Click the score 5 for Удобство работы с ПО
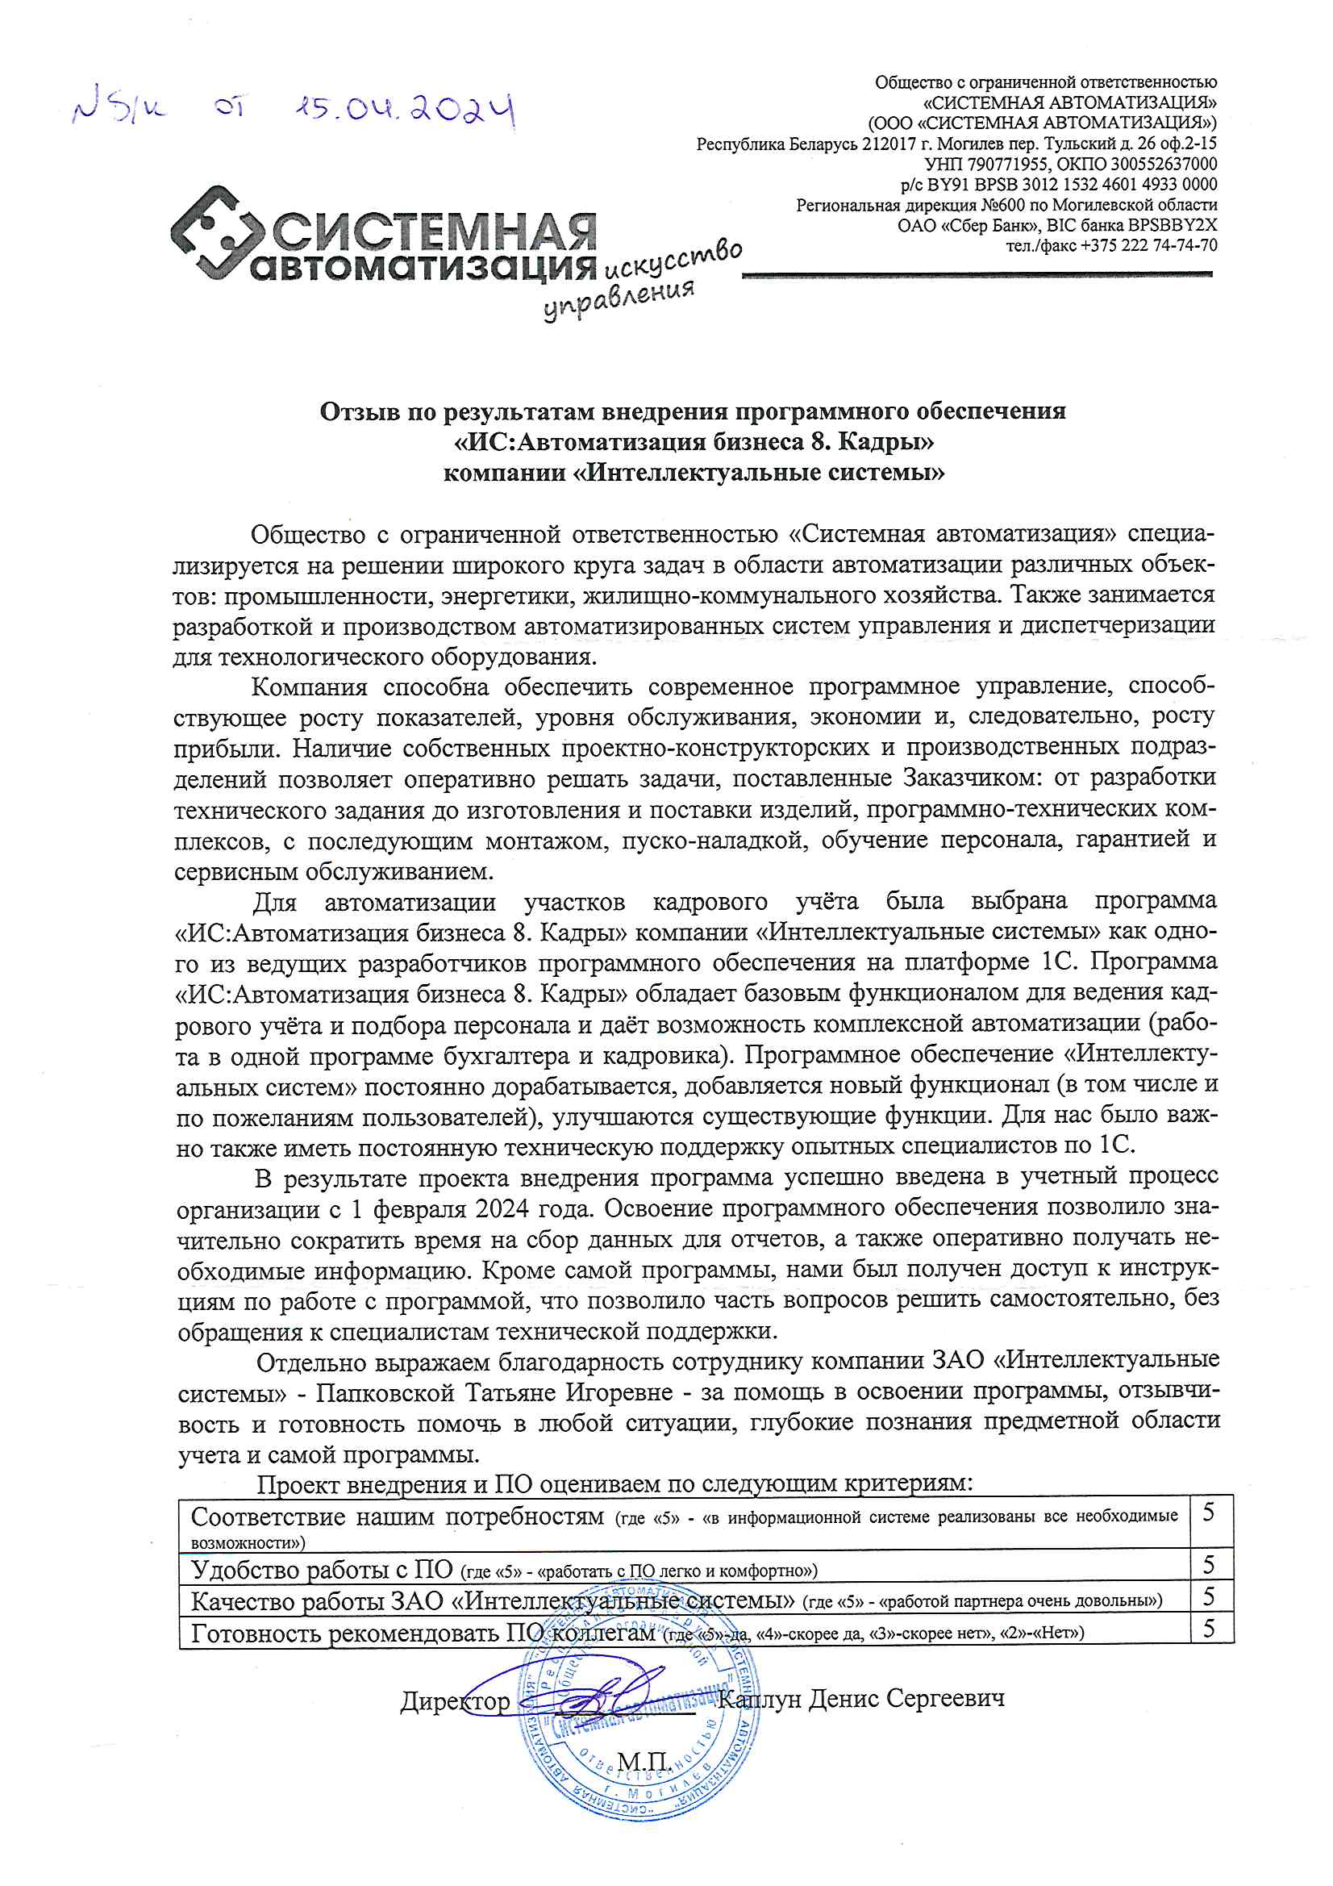(x=1209, y=1565)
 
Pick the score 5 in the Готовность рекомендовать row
(x=1209, y=1628)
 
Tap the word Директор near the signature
(x=455, y=1700)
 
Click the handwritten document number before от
(x=119, y=110)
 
